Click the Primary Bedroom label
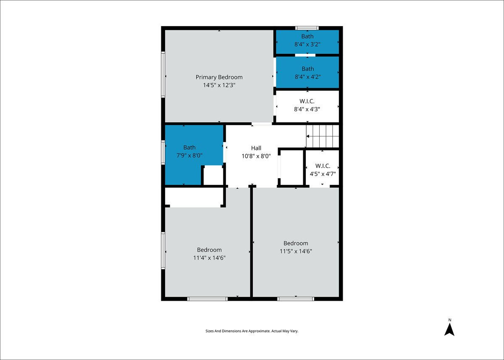tap(219, 77)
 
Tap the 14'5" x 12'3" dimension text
tap(219, 85)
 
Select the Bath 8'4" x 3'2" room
tap(307, 42)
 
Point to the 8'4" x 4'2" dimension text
tap(307, 77)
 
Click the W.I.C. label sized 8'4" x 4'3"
tap(307, 101)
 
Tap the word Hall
tap(256, 148)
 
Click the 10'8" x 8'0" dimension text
tap(256, 156)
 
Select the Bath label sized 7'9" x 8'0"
tap(189, 147)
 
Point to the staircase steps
tap(323, 137)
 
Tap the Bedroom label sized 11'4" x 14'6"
tap(209, 250)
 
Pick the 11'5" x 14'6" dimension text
tap(296, 251)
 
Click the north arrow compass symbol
tap(449, 330)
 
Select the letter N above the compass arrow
tap(450, 320)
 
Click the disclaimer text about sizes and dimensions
tap(252, 331)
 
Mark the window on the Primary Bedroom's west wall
tap(163, 74)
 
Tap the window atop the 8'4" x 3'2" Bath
tap(307, 28)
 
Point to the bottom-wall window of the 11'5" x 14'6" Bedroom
tap(296, 299)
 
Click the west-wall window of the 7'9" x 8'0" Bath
tap(163, 152)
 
